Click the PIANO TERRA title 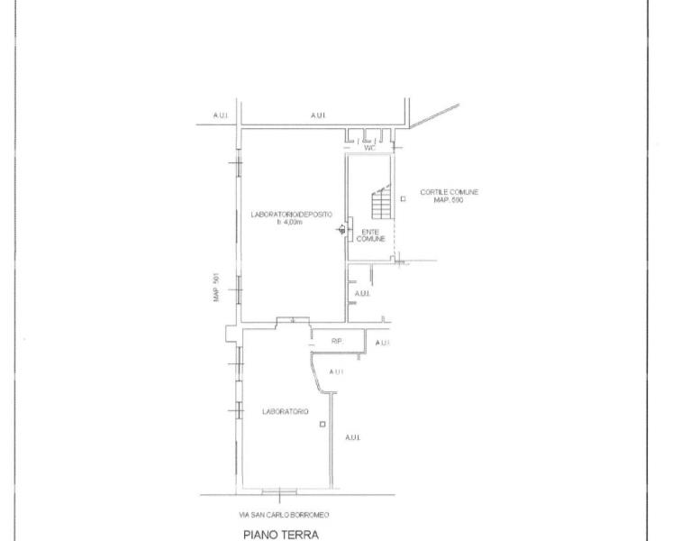281,535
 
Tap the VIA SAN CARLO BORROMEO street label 284,515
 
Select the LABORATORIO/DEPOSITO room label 291,215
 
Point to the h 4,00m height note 290,222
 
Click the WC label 369,148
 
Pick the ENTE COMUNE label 370,235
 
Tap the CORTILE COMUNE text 450,192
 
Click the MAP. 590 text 449,200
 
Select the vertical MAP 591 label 216,287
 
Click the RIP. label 337,342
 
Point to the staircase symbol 382,202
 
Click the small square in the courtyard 403,198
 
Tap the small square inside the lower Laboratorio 323,424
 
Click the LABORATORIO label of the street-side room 286,411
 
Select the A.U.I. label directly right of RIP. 383,343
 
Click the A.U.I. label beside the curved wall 336,371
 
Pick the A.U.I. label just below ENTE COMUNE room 362,294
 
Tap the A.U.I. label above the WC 318,115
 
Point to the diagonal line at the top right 434,116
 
